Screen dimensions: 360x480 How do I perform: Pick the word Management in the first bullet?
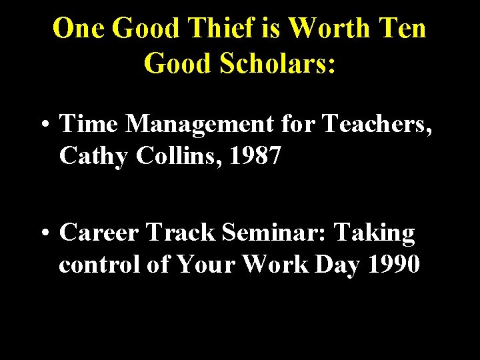(199, 124)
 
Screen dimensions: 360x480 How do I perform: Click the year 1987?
(257, 157)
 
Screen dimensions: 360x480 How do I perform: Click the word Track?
(181, 233)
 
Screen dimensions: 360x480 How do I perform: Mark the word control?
(99, 265)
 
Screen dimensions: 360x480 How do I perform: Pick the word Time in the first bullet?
(89, 124)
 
